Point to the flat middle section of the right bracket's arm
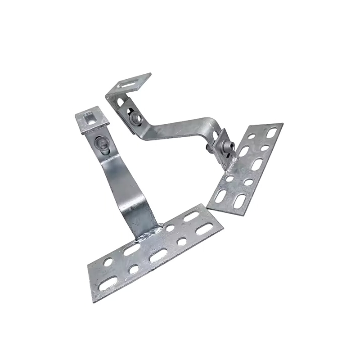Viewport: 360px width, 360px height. click(180, 128)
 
